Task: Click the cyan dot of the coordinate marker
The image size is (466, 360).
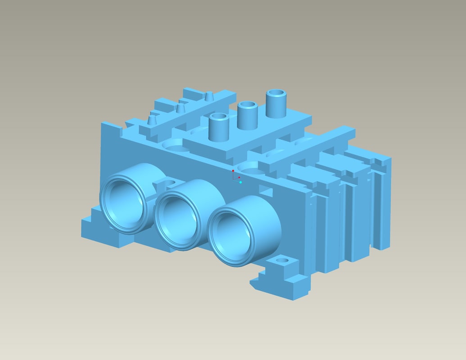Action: (x=240, y=182)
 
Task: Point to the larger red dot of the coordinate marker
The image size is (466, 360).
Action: (x=233, y=171)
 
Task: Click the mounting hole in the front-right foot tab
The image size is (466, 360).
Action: (x=282, y=261)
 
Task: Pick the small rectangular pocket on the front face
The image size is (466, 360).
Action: (x=266, y=193)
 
